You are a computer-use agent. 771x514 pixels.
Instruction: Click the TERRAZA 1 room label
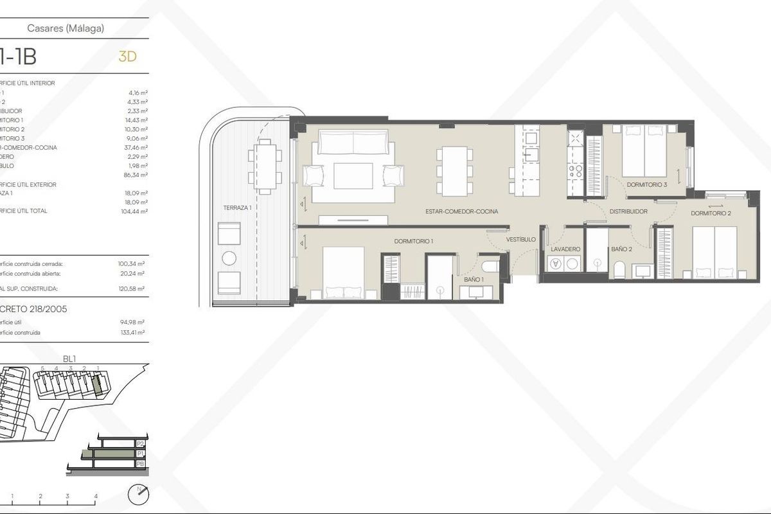point(237,208)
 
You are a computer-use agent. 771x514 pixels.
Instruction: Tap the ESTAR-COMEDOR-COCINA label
point(462,211)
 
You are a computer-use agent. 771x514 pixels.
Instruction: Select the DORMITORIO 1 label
point(414,241)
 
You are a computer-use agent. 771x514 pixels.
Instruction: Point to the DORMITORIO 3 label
point(647,185)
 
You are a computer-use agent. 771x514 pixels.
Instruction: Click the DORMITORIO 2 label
point(711,213)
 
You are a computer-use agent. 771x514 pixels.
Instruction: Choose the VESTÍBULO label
point(520,239)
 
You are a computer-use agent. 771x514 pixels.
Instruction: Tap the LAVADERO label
point(566,249)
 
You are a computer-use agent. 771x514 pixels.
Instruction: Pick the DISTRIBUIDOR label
point(628,211)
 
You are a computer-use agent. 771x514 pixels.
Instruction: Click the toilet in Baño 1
point(490,267)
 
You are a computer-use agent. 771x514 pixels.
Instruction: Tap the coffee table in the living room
point(353,175)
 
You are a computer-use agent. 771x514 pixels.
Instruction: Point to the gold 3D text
point(128,57)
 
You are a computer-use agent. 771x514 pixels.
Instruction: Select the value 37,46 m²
point(137,147)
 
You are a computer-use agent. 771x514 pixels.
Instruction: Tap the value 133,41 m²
point(132,333)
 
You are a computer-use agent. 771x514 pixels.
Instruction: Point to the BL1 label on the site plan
point(69,360)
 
